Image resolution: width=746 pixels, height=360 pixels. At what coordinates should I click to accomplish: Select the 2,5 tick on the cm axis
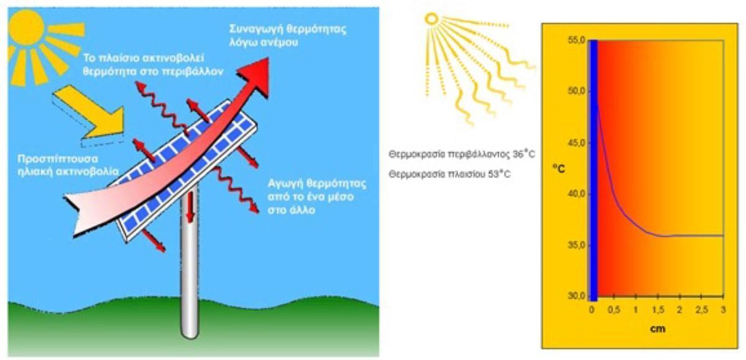pyautogui.click(x=701, y=309)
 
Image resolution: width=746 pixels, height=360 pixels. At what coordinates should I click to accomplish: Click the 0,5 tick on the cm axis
pyautogui.click(x=614, y=309)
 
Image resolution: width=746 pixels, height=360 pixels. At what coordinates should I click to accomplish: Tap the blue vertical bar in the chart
pyautogui.click(x=594, y=168)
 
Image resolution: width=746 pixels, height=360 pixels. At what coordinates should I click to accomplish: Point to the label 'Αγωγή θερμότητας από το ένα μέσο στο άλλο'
pyautogui.click(x=317, y=196)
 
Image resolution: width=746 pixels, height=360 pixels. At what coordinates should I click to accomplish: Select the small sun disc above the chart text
pyautogui.click(x=431, y=19)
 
